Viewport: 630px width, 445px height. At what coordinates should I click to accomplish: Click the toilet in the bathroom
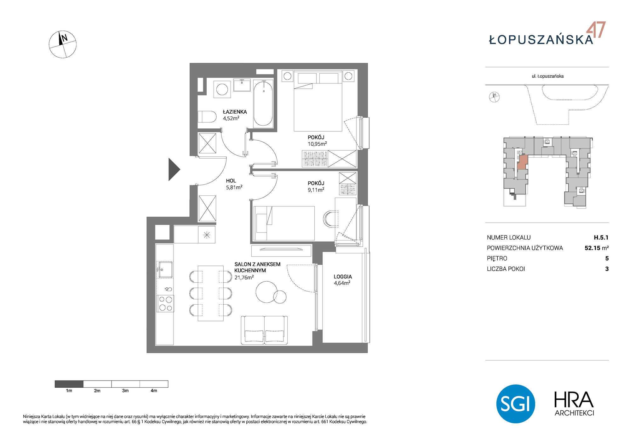(x=207, y=117)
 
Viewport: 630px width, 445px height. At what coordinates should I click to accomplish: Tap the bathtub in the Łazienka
(x=263, y=104)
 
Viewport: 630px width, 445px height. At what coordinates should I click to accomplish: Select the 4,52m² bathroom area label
(x=231, y=118)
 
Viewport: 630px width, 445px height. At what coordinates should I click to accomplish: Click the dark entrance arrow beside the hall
(x=174, y=169)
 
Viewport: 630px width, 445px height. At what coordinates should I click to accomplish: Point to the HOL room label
(x=231, y=181)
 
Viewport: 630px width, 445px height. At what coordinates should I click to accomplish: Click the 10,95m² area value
(x=317, y=144)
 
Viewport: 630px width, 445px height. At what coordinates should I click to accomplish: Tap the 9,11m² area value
(x=316, y=190)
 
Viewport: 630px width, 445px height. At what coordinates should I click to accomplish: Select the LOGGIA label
(x=343, y=277)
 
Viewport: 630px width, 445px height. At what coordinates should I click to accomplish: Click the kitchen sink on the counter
(x=165, y=270)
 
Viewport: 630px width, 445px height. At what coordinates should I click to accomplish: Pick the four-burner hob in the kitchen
(x=166, y=304)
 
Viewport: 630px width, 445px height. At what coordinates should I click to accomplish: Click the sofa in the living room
(x=264, y=330)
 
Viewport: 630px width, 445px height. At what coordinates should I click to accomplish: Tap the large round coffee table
(x=266, y=292)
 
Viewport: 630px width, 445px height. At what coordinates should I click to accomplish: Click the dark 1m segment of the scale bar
(x=69, y=384)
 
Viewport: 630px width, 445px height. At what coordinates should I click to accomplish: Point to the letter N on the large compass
(x=65, y=38)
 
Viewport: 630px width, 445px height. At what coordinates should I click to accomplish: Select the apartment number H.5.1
(x=601, y=238)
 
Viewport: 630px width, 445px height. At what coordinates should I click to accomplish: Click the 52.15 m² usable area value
(x=597, y=248)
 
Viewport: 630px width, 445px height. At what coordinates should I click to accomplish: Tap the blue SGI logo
(x=516, y=404)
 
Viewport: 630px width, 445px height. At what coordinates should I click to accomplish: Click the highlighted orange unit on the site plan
(x=523, y=162)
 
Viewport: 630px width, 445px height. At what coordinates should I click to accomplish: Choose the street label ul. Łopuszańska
(x=547, y=76)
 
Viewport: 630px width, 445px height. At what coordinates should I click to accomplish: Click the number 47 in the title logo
(x=596, y=30)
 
